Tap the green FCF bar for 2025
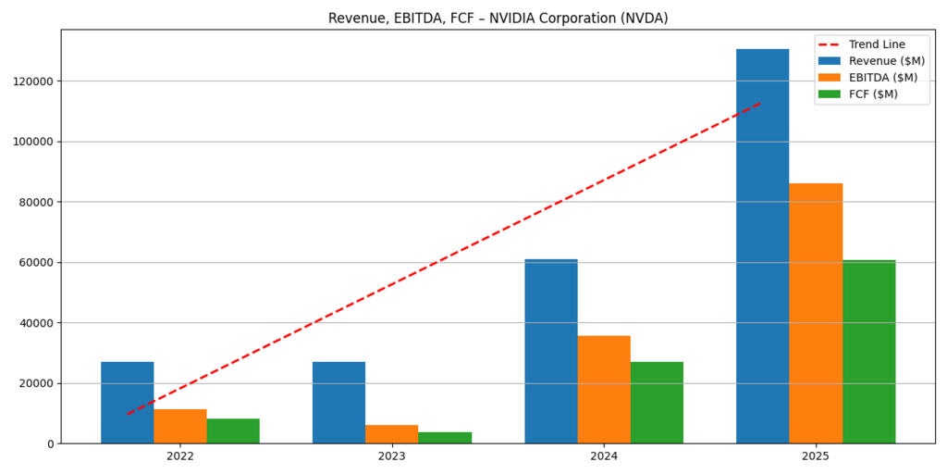(x=868, y=352)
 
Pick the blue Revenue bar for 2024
(x=550, y=351)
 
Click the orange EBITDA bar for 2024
(x=604, y=389)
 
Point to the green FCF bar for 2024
(x=657, y=402)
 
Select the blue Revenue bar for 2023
(x=338, y=402)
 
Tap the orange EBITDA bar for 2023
(x=391, y=433)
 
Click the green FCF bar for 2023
(x=445, y=437)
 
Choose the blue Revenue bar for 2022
(x=127, y=402)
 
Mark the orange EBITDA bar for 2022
(x=180, y=426)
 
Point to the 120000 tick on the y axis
(x=33, y=81)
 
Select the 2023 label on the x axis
(x=391, y=456)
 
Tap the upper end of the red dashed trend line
(x=760, y=103)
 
